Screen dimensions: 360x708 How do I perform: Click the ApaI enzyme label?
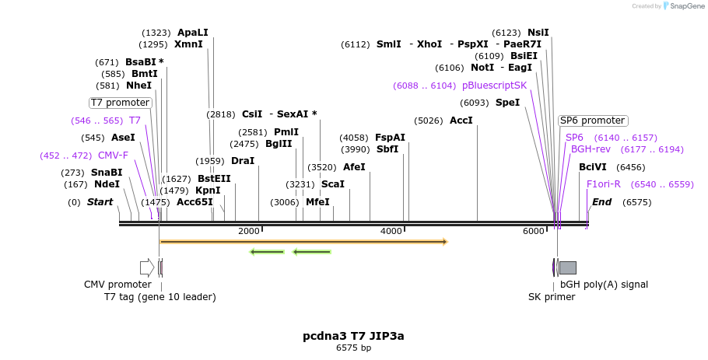[192, 33]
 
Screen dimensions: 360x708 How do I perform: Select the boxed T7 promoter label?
[120, 102]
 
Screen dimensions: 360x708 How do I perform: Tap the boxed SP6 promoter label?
[593, 121]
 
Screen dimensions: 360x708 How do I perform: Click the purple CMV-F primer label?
[113, 155]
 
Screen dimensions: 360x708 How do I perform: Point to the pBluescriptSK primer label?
[494, 85]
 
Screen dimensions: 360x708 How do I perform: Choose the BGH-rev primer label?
[591, 149]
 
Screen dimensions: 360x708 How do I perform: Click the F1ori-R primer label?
[603, 184]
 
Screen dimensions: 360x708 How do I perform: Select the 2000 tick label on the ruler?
[248, 232]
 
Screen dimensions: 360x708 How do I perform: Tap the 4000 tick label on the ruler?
[391, 232]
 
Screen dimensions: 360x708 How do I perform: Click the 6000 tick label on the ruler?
[533, 232]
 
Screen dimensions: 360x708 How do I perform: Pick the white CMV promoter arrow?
[147, 267]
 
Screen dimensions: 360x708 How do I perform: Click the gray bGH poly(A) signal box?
[568, 267]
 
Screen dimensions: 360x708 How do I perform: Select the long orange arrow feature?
[303, 242]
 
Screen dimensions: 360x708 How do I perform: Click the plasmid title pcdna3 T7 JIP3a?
[353, 336]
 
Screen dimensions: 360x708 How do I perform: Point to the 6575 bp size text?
[353, 348]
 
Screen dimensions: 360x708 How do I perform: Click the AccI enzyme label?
[461, 121]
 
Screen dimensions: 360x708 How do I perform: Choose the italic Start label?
[100, 202]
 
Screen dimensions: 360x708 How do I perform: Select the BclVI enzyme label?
[592, 166]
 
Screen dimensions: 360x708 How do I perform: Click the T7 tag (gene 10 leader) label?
[160, 296]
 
